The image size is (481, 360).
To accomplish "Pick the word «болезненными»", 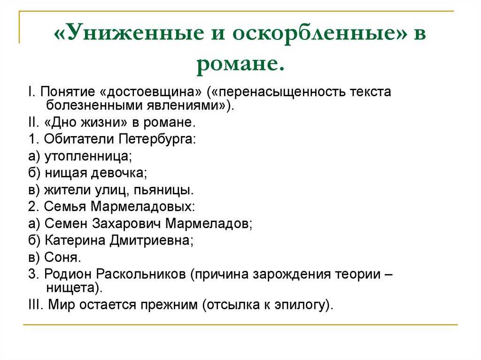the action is pyautogui.click(x=94, y=106).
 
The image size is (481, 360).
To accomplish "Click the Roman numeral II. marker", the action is pyautogui.click(x=34, y=123).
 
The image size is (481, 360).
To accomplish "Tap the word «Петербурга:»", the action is pyautogui.click(x=157, y=139).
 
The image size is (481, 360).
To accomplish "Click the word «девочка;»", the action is pyautogui.click(x=119, y=173).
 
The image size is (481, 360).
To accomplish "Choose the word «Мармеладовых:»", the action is pyautogui.click(x=143, y=207).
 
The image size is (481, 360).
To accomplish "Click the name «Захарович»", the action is pyautogui.click(x=126, y=223).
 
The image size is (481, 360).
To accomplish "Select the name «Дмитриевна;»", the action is pyautogui.click(x=152, y=240).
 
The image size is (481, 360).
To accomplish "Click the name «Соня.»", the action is pyautogui.click(x=62, y=257).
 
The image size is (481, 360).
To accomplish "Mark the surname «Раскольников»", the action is pyautogui.click(x=141, y=274).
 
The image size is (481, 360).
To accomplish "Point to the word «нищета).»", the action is pyautogui.click(x=74, y=288).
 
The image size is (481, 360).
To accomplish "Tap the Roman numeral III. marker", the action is pyautogui.click(x=36, y=305).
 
